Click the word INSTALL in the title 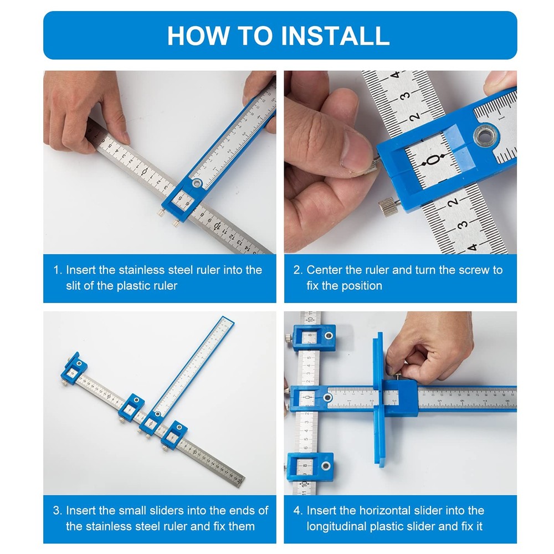click(x=335, y=35)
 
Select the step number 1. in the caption click(x=58, y=270)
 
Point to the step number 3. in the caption click(x=58, y=511)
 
